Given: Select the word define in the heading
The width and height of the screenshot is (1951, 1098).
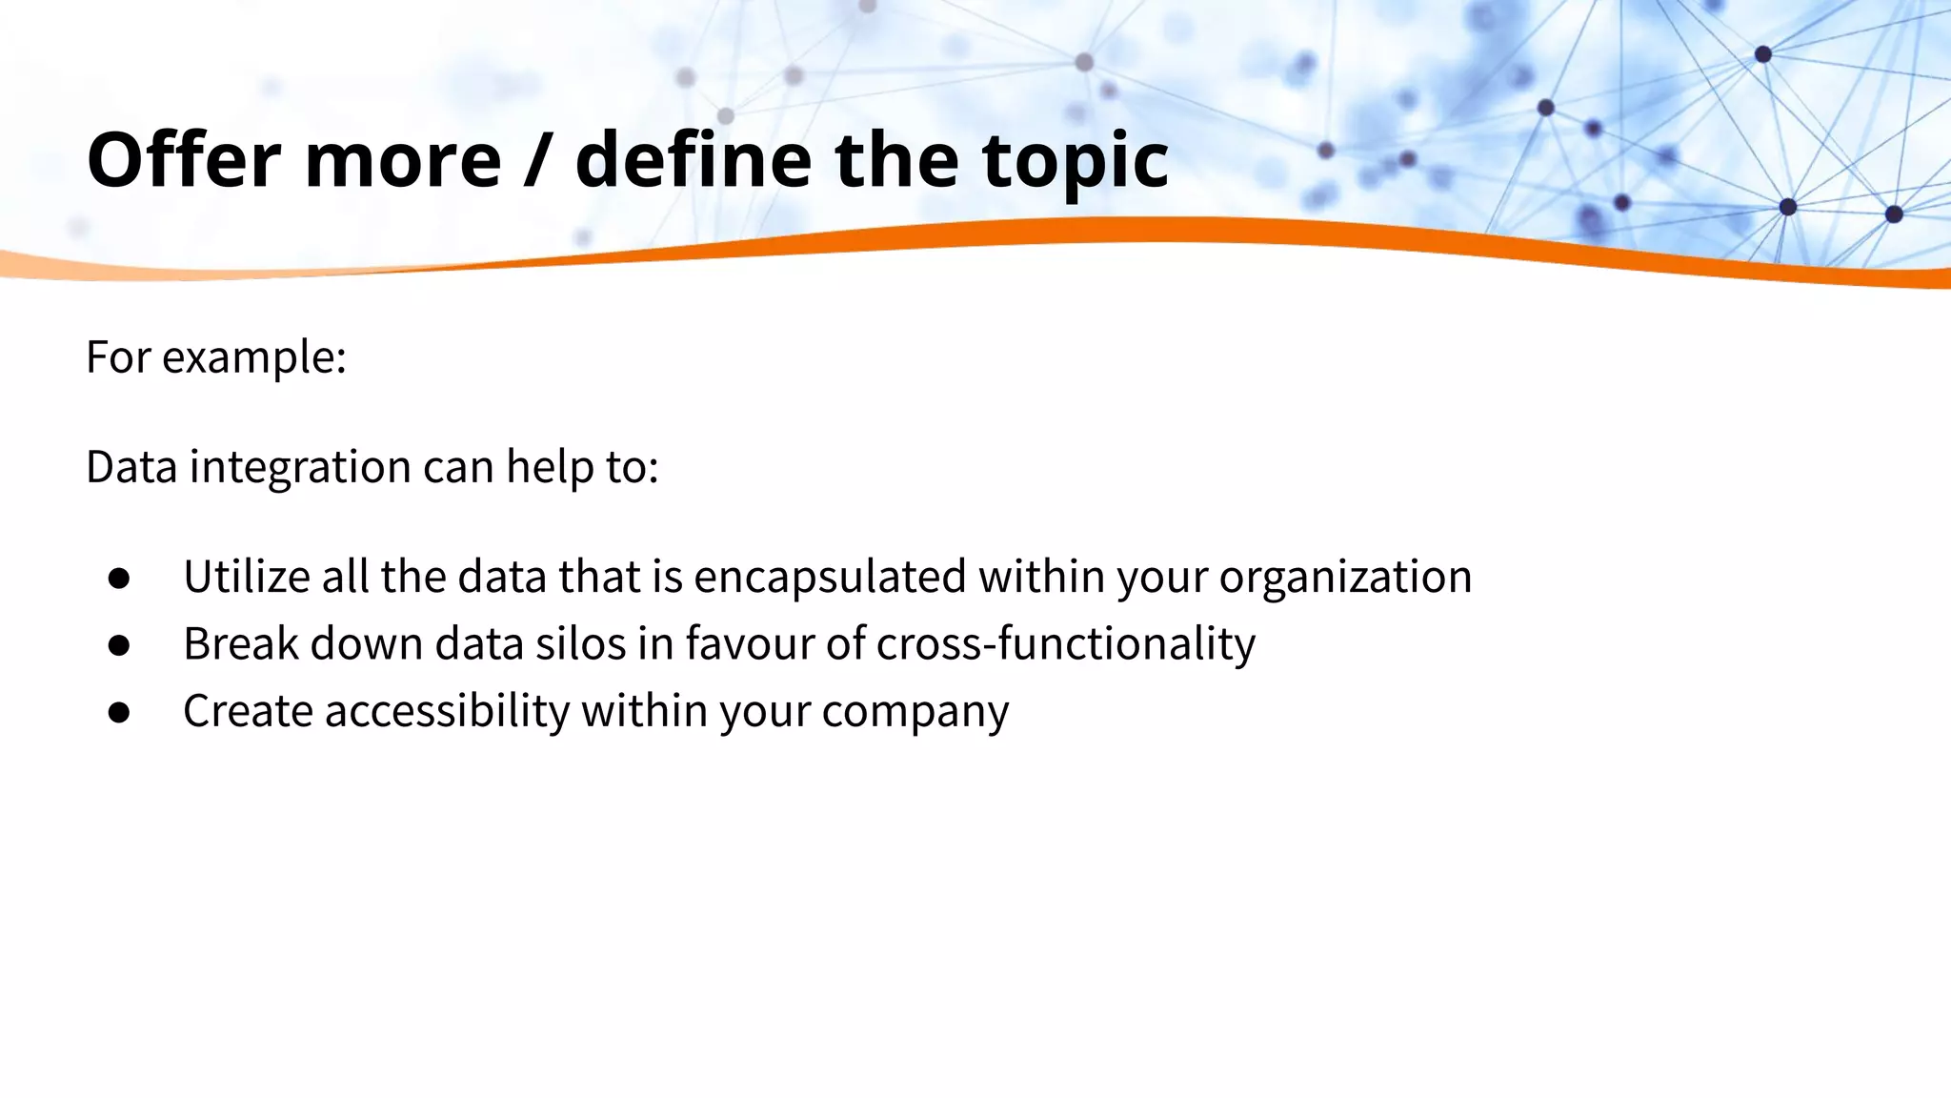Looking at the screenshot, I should coord(694,159).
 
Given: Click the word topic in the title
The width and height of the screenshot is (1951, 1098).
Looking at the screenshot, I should coord(1075,159).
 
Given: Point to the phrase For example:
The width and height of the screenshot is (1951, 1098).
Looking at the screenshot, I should coord(216,357).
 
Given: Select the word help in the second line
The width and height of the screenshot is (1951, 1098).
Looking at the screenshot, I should coord(547,467).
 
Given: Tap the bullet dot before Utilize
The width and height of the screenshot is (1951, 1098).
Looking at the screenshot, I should coord(119,579).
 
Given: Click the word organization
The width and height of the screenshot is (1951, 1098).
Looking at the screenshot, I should coord(1345,577).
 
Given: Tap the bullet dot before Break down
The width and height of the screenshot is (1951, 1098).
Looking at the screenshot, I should coord(119,645).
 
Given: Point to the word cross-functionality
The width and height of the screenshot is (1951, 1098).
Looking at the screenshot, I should coord(1066,643).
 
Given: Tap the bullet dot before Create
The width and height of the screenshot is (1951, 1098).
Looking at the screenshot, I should coord(119,712).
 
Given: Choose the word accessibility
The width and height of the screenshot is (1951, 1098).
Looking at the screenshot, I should coord(447,710).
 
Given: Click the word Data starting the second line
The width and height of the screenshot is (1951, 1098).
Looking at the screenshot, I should coord(131,467).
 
